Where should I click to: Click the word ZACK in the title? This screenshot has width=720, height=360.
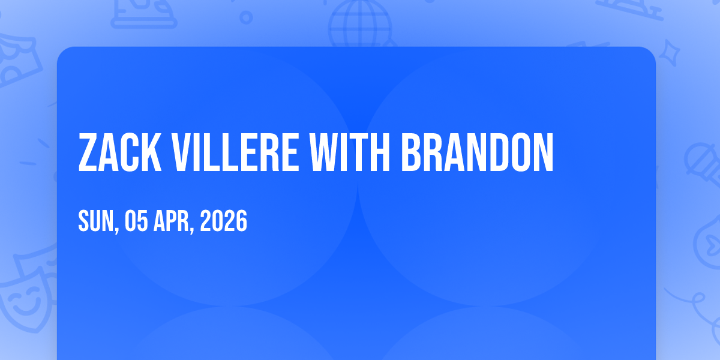120,152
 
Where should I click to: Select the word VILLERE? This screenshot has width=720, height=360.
235,152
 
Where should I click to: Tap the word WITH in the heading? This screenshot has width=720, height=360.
350,152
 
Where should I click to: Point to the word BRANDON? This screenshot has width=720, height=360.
478,152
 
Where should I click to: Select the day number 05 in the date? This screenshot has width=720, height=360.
136,221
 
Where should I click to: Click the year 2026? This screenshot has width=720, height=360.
224,221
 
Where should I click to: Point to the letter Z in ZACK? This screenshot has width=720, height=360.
88,152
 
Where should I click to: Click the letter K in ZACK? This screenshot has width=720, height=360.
151,152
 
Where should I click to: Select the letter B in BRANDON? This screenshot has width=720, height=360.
412,152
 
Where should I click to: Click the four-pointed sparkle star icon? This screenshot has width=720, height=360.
669,53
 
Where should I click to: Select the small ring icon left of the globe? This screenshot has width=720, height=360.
246,17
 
